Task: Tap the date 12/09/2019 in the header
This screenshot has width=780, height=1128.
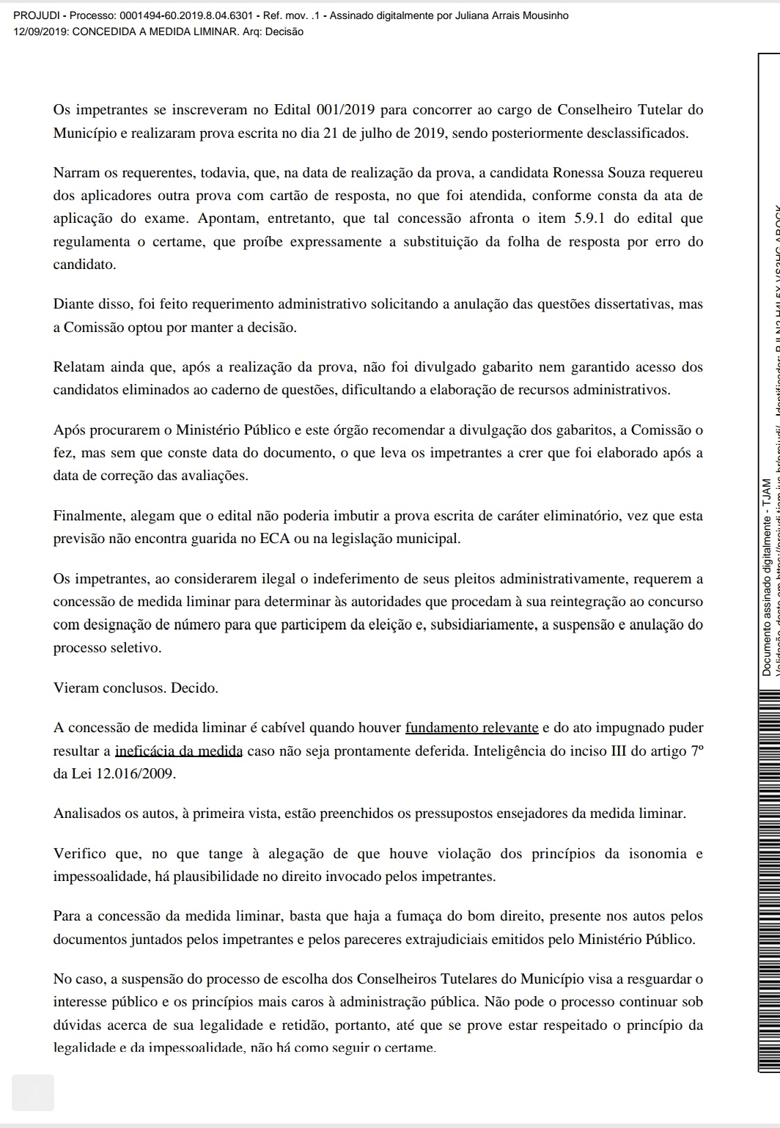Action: coord(37,32)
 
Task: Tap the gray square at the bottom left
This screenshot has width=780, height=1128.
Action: coord(33,1091)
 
